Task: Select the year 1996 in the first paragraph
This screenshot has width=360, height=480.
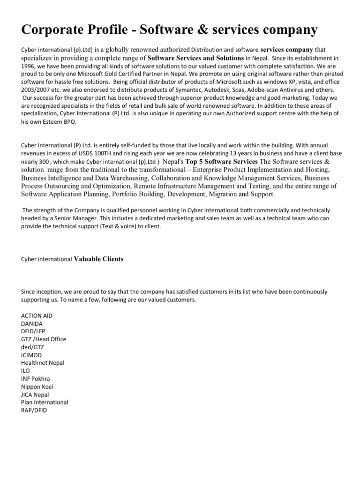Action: click(x=29, y=66)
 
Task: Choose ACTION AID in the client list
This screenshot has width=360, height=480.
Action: click(x=37, y=315)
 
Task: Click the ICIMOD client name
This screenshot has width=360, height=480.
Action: click(x=32, y=355)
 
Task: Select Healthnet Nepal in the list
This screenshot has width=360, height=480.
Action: click(x=43, y=363)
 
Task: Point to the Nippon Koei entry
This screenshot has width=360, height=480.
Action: click(x=38, y=386)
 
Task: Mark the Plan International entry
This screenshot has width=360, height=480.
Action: click(x=45, y=402)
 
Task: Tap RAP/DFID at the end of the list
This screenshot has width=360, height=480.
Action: click(x=34, y=410)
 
